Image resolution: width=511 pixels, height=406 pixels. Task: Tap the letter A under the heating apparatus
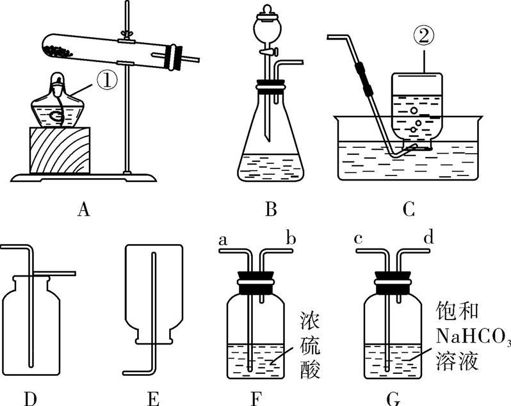click(x=82, y=209)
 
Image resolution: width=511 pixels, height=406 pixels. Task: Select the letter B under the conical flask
click(x=270, y=209)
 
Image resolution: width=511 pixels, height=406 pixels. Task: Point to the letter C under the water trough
click(x=409, y=209)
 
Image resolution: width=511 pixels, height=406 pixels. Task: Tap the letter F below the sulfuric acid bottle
click(x=256, y=399)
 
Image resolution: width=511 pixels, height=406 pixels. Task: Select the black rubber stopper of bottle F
click(x=256, y=280)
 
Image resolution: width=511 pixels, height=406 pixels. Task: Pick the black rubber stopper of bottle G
click(x=393, y=280)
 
